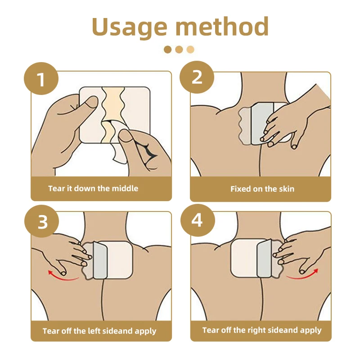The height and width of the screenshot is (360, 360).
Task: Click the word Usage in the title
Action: pyautogui.click(x=130, y=27)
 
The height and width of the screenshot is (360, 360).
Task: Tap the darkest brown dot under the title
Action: pyautogui.click(x=168, y=49)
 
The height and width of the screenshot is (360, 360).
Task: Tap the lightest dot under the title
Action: pyautogui.click(x=190, y=49)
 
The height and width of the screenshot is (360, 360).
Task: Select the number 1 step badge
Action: pyautogui.click(x=41, y=79)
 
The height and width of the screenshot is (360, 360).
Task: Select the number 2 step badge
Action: pyautogui.click(x=197, y=77)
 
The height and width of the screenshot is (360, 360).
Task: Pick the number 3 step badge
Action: pyautogui.click(x=41, y=221)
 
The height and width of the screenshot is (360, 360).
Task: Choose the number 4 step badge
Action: pyautogui.click(x=198, y=220)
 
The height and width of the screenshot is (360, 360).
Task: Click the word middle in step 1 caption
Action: pyautogui.click(x=125, y=189)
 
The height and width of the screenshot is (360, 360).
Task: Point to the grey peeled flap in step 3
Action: pyautogui.click(x=100, y=260)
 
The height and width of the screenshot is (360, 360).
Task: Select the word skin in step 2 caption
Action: pyautogui.click(x=287, y=189)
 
